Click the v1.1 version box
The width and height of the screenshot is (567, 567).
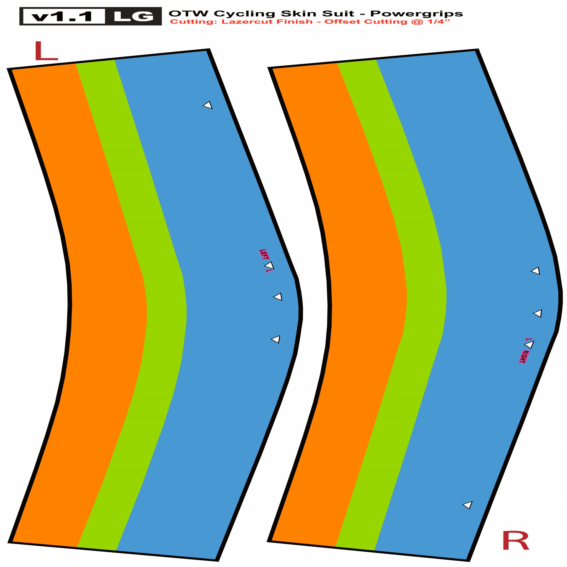click(x=64, y=16)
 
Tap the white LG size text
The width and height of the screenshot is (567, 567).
click(x=133, y=16)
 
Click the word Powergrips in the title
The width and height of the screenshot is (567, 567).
click(x=416, y=14)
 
